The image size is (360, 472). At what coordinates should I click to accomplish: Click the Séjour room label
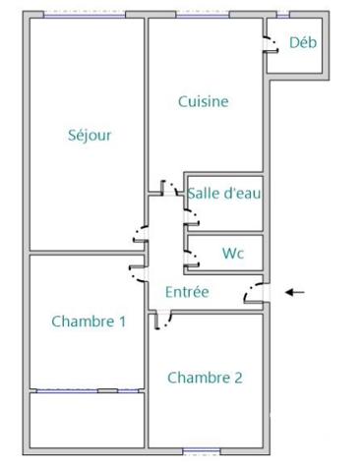pyautogui.click(x=90, y=136)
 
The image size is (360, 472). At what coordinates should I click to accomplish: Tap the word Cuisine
pyautogui.click(x=204, y=101)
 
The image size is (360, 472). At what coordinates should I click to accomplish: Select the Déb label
pyautogui.click(x=302, y=42)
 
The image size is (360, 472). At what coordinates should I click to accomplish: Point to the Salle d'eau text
pyautogui.click(x=224, y=194)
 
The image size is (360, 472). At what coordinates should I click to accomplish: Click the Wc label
pyautogui.click(x=232, y=253)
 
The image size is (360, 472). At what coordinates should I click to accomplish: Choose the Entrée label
pyautogui.click(x=187, y=291)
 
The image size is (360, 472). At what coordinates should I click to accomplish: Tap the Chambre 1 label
pyautogui.click(x=89, y=321)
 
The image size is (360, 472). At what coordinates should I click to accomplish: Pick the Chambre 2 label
pyautogui.click(x=205, y=377)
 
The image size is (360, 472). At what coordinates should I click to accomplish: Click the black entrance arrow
pyautogui.click(x=294, y=292)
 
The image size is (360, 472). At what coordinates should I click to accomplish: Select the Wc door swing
pyautogui.click(x=191, y=257)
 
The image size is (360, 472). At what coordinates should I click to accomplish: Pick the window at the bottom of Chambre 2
pyautogui.click(x=198, y=451)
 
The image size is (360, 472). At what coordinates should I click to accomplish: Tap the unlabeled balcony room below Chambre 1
pyautogui.click(x=87, y=423)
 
